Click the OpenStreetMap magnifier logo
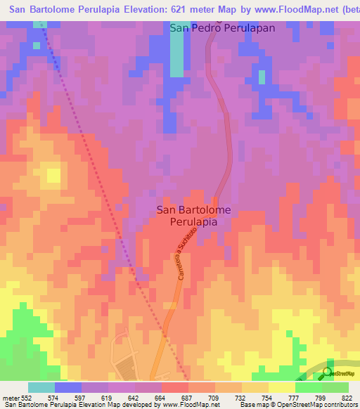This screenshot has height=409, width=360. click(x=327, y=372)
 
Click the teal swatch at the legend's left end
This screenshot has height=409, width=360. click(x=41, y=388)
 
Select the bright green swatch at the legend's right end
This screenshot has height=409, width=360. click(x=335, y=388)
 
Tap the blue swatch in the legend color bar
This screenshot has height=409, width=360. click(x=68, y=388)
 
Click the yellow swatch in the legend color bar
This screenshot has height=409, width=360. click(x=281, y=388)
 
